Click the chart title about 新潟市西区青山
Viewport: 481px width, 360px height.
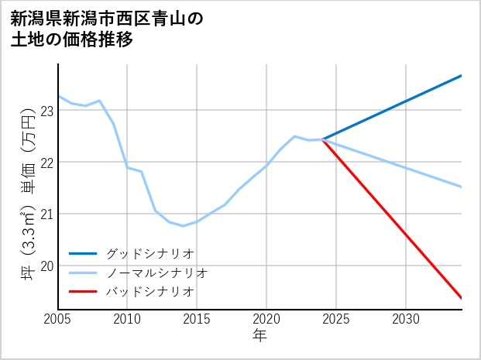[x=107, y=29]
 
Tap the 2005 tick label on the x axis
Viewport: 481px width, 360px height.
[x=58, y=319]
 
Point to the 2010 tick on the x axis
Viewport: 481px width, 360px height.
[x=127, y=319]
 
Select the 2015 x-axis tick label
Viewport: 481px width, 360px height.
[x=197, y=319]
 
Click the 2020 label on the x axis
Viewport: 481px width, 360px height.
[x=266, y=319]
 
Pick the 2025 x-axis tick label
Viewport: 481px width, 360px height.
[x=336, y=319]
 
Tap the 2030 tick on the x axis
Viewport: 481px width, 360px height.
[x=406, y=319]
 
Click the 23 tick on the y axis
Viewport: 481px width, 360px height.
[x=46, y=111]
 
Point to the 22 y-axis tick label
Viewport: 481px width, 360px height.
[x=46, y=163]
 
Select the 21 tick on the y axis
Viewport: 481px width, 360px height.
[x=46, y=214]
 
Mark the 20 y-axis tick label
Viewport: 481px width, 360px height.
[x=46, y=266]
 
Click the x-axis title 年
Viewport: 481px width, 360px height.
[x=259, y=335]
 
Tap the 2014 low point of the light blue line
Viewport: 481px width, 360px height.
[x=183, y=226]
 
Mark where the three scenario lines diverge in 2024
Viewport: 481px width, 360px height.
[x=323, y=139]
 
